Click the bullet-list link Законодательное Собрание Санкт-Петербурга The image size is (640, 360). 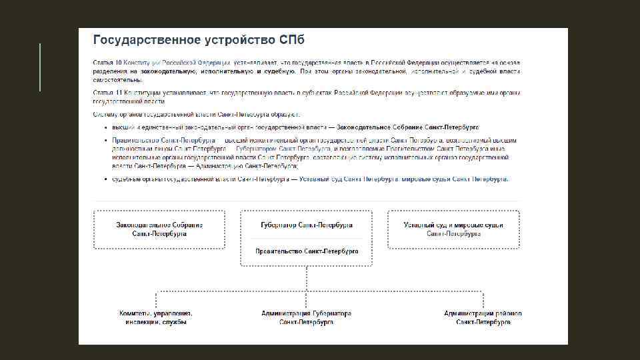[407, 127]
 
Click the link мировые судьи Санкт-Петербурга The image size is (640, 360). [455, 179]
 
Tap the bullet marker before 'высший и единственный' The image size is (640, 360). [105, 127]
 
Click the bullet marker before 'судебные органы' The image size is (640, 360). [105, 179]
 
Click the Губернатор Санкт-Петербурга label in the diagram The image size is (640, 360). [307, 225]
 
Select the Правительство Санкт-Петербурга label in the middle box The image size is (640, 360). [307, 251]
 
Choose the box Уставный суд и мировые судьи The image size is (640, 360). [453, 229]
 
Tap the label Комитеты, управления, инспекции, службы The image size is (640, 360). [156, 317]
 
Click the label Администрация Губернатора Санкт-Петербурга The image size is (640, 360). [307, 317]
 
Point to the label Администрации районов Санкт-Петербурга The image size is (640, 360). [483, 317]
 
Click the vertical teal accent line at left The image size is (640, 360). [41, 67]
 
